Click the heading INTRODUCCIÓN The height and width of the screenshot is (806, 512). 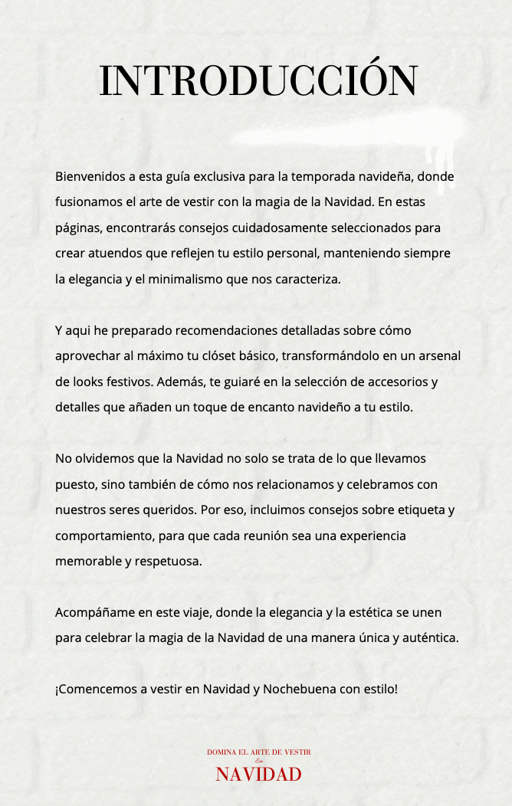coord(258,81)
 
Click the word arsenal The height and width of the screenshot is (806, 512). coord(438,356)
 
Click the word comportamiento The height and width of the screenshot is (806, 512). coord(100,536)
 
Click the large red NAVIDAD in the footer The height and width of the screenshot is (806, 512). coord(258,775)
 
